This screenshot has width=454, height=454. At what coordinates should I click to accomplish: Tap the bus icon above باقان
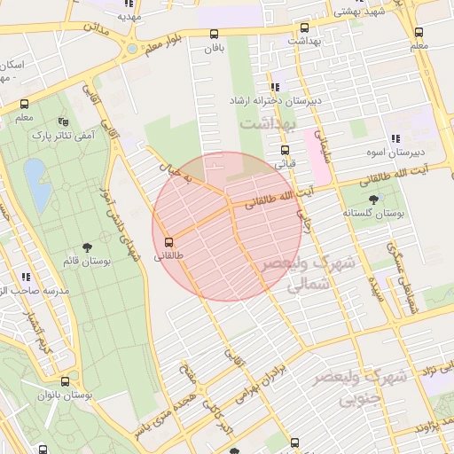click(213, 35)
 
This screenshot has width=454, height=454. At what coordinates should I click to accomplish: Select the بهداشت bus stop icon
click(305, 28)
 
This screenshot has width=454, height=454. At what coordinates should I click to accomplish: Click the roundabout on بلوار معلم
click(131, 49)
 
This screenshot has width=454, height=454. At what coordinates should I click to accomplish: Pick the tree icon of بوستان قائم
click(88, 247)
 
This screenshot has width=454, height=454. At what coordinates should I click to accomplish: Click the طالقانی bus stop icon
click(168, 242)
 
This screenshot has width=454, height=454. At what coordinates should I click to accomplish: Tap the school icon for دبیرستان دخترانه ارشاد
click(276, 87)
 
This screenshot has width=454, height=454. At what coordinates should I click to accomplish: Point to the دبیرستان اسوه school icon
click(394, 138)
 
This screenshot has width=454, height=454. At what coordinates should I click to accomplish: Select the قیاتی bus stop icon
click(285, 150)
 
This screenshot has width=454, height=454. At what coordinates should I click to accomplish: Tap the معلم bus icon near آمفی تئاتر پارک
click(24, 103)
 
